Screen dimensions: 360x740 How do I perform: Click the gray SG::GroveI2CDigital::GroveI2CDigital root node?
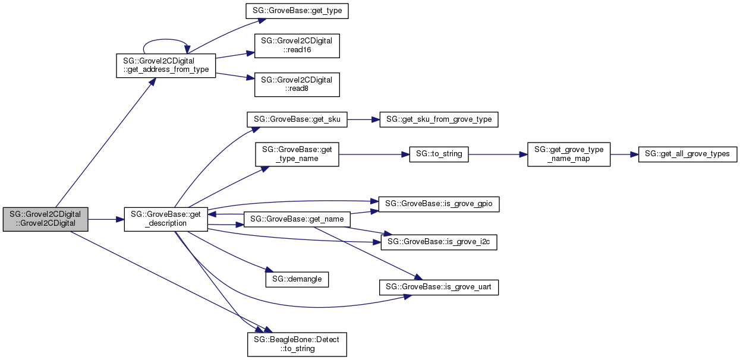point(46,219)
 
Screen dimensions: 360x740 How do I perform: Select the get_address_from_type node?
point(165,65)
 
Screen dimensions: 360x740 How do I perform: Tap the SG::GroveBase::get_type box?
point(297,12)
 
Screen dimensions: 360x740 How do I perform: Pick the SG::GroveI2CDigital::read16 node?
point(297,46)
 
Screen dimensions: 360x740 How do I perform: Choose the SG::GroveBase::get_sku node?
point(297,119)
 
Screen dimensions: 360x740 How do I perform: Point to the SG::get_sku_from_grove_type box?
point(439,119)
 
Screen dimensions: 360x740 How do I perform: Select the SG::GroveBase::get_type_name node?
point(297,154)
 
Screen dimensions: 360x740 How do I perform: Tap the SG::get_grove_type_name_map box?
point(569,154)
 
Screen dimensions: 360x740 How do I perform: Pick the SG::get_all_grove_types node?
point(688,154)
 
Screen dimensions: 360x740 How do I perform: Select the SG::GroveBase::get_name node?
point(297,219)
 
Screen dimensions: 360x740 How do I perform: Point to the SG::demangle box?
point(297,278)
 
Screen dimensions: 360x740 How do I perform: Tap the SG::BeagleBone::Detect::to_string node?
point(297,344)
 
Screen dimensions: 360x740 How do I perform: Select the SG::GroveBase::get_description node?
point(165,219)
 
